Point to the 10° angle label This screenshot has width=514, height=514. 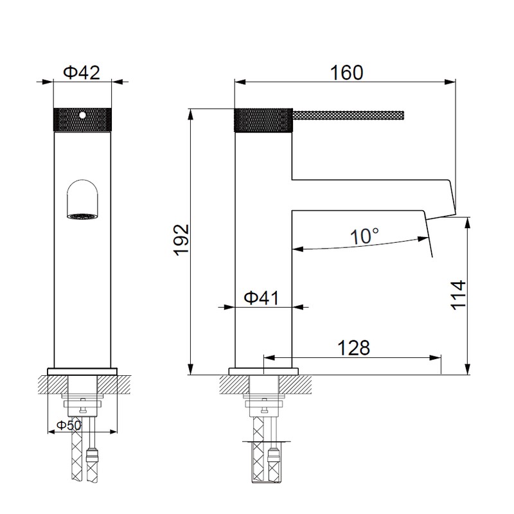[x=364, y=236]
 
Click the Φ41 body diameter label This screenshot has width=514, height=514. [x=261, y=297]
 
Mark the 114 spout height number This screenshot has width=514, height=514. [x=457, y=295]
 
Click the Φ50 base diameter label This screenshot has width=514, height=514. [x=69, y=426]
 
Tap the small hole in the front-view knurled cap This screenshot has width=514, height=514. [x=82, y=116]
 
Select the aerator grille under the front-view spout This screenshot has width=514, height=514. [x=82, y=217]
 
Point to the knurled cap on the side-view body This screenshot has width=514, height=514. [x=263, y=120]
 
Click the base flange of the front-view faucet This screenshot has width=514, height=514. [x=82, y=371]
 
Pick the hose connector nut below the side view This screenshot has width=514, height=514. [x=274, y=458]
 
